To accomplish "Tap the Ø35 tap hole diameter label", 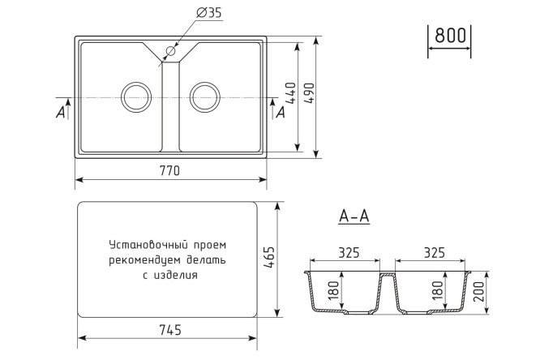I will coord(208,13).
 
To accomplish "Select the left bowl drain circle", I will coord(135,96).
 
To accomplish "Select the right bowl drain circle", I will coord(204,96).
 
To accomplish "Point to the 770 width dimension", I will coord(169,171).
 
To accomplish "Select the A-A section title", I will coord(354,217).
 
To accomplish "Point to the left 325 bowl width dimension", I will coord(349,252).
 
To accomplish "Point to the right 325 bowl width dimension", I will coord(434,252).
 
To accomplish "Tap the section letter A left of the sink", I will coord(61,113).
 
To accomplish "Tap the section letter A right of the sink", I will coord(281,113).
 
